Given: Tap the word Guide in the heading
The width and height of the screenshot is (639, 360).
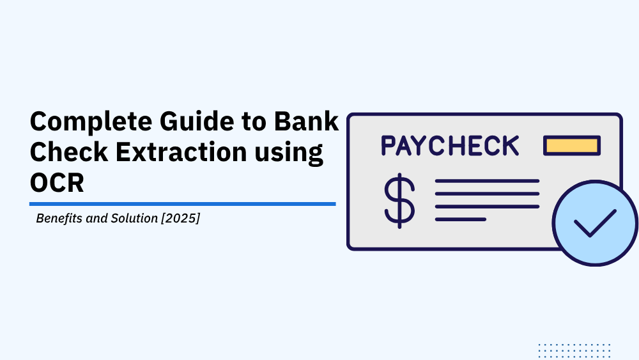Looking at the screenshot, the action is click(x=197, y=121).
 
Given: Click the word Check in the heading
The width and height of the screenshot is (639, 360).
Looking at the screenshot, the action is click(x=69, y=152).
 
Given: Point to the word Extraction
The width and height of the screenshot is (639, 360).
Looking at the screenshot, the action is click(x=181, y=152).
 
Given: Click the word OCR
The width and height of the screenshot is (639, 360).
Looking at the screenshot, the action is click(x=57, y=183).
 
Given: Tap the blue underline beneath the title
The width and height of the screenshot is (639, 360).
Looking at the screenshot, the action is click(x=183, y=204).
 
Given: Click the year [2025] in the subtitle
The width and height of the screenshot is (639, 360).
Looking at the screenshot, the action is click(x=181, y=218).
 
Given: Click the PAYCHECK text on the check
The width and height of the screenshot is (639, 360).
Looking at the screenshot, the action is click(x=450, y=146).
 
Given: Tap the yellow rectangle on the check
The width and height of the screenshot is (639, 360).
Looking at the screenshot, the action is click(x=572, y=146).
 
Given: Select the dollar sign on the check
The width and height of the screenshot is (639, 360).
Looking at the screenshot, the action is click(x=399, y=201).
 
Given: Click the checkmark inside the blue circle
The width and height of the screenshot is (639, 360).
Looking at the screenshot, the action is click(x=595, y=223).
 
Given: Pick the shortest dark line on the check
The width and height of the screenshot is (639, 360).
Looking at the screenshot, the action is click(x=461, y=219).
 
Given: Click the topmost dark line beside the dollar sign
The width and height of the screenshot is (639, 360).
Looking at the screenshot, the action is click(x=487, y=181).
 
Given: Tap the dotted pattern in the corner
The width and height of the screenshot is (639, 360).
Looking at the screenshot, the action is click(x=574, y=351).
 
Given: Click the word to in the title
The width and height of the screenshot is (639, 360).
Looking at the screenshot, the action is click(x=254, y=122).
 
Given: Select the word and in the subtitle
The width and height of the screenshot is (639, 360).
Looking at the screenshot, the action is click(x=97, y=218).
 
